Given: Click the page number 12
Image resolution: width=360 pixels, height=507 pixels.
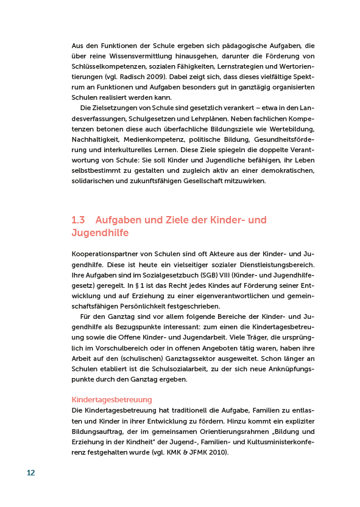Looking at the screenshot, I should click(x=30, y=474).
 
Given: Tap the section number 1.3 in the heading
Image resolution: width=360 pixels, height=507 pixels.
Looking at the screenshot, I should click(x=78, y=220).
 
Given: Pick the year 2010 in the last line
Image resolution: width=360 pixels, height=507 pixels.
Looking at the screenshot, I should click(x=221, y=453).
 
